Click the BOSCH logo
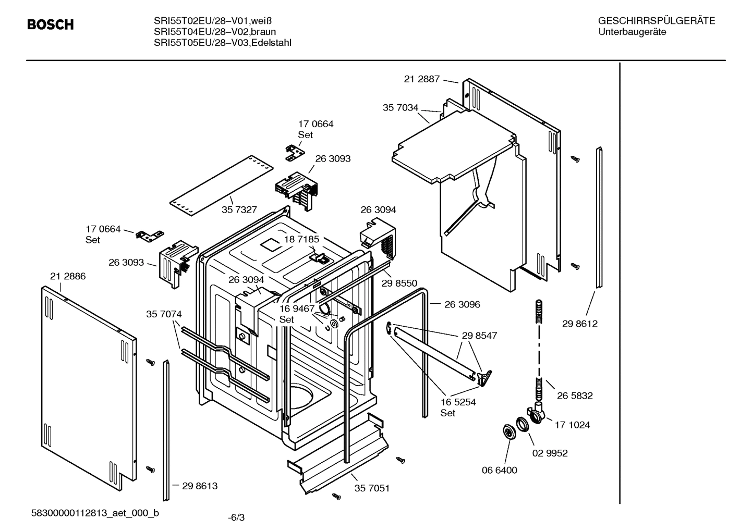click(50, 24)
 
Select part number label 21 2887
click(421, 79)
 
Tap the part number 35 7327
click(239, 209)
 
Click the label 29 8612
click(579, 324)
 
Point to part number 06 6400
click(499, 470)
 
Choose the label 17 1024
click(572, 425)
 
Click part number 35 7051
click(372, 488)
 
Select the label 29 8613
click(200, 486)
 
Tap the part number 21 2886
click(68, 276)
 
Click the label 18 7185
click(301, 239)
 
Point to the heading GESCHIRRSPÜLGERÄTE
click(656, 21)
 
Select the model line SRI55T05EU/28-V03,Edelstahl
click(222, 43)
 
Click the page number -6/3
click(236, 517)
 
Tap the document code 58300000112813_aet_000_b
click(95, 513)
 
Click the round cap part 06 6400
click(506, 431)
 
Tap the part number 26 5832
click(574, 396)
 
